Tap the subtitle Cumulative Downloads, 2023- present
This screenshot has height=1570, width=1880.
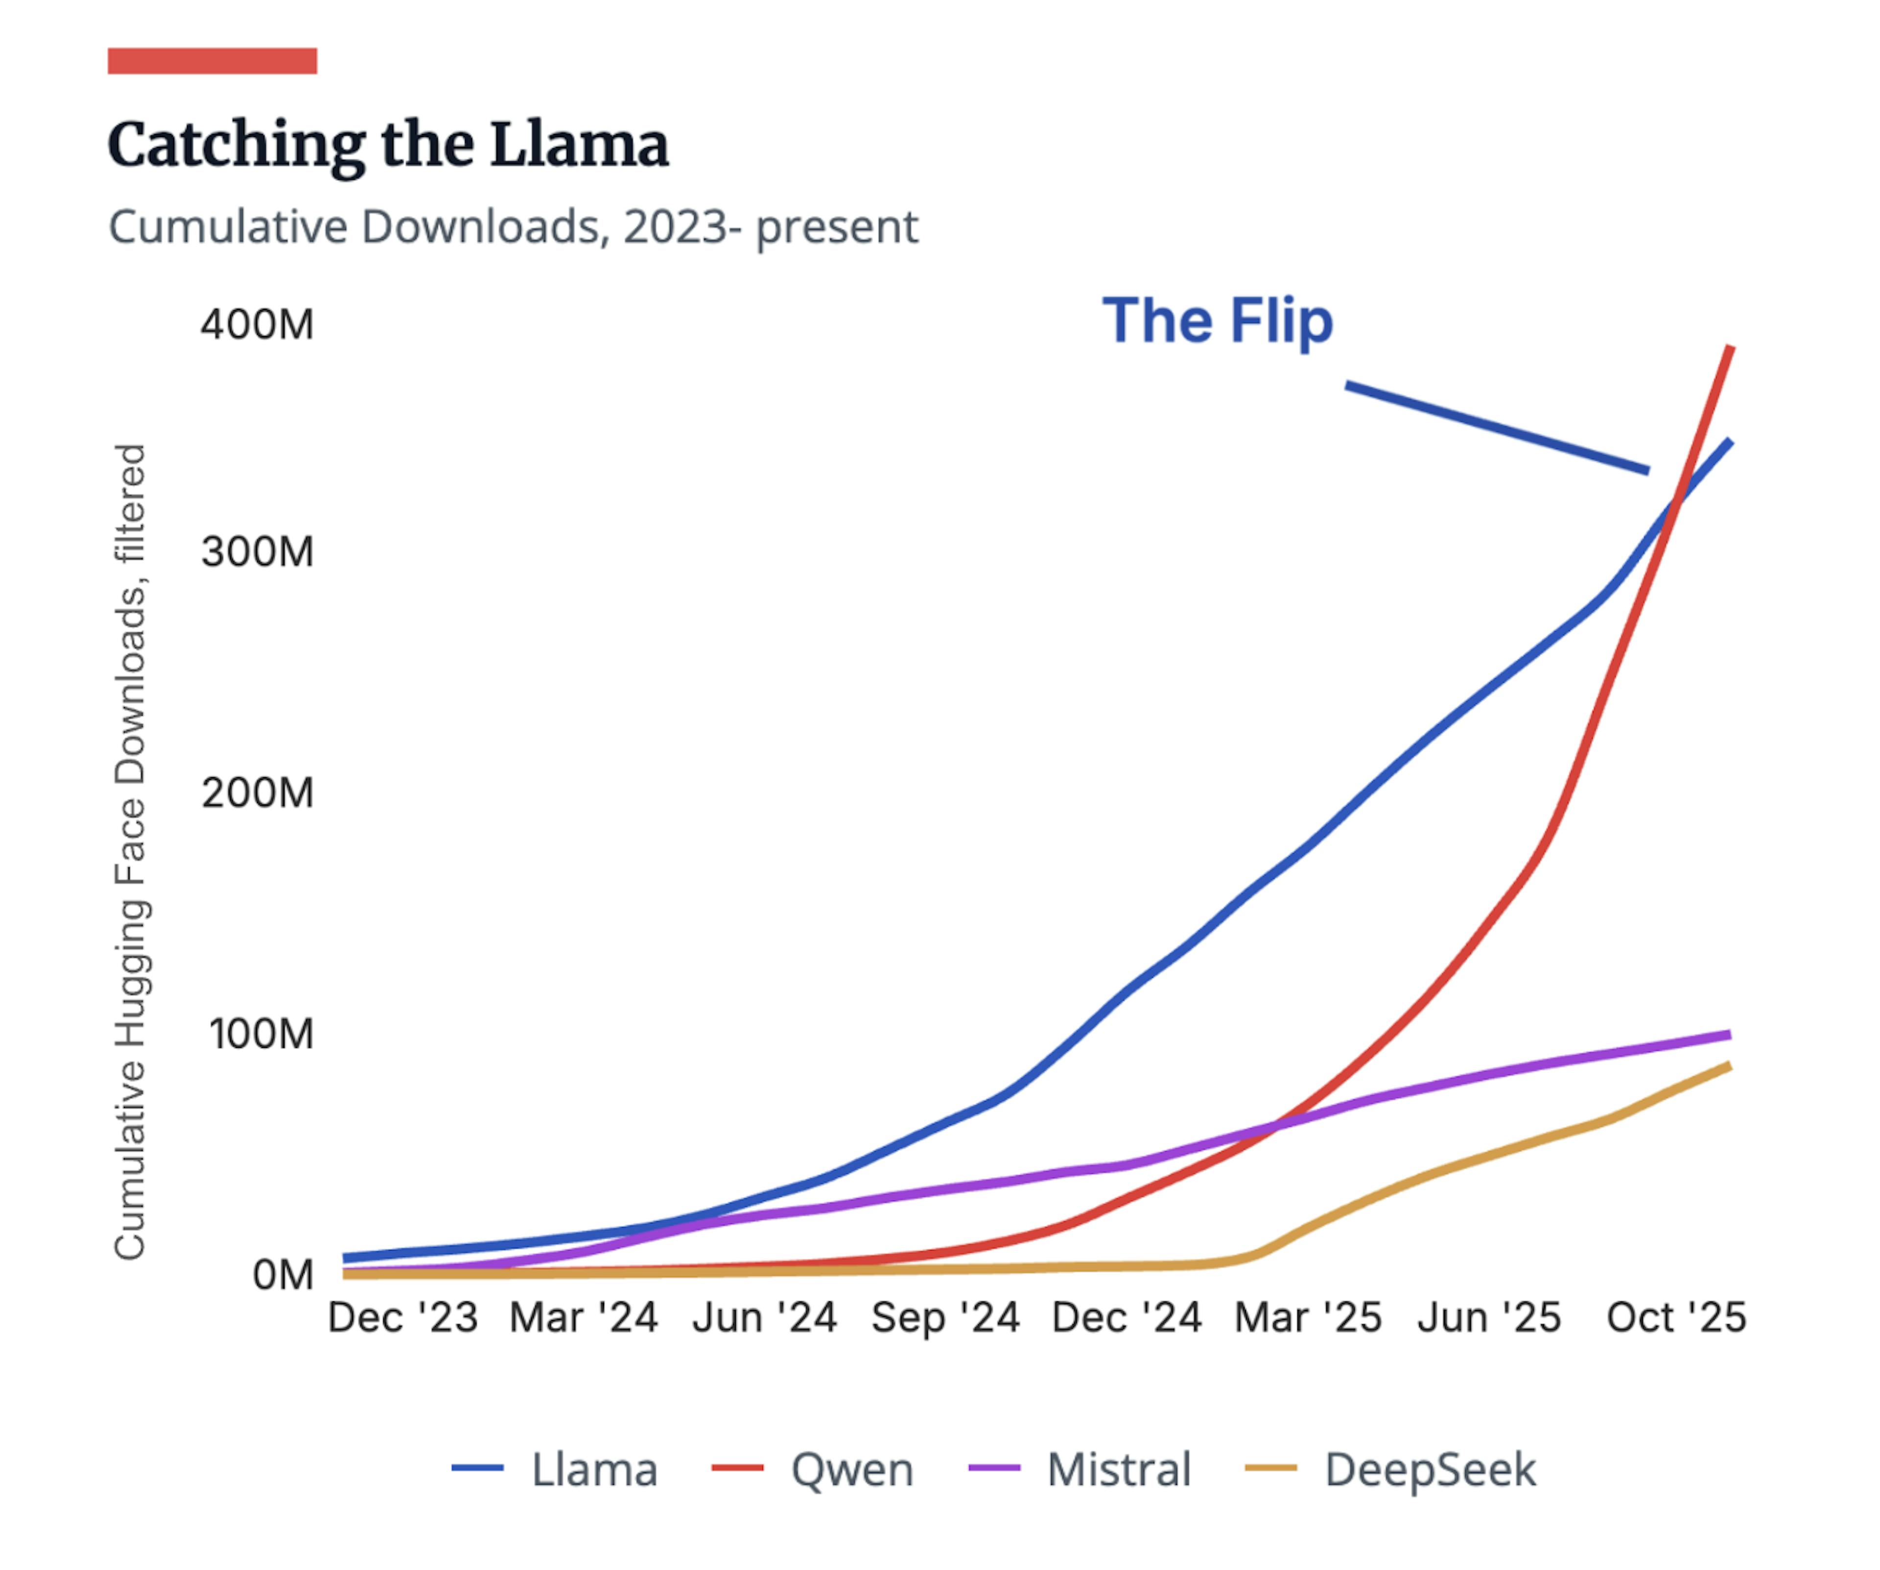click(x=513, y=227)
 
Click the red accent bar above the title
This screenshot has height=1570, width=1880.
click(x=212, y=61)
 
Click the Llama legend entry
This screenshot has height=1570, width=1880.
click(x=555, y=1470)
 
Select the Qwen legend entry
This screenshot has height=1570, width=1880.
click(x=813, y=1470)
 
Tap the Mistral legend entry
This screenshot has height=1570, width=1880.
click(x=1080, y=1470)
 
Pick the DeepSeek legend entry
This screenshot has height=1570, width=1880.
click(x=1390, y=1470)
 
